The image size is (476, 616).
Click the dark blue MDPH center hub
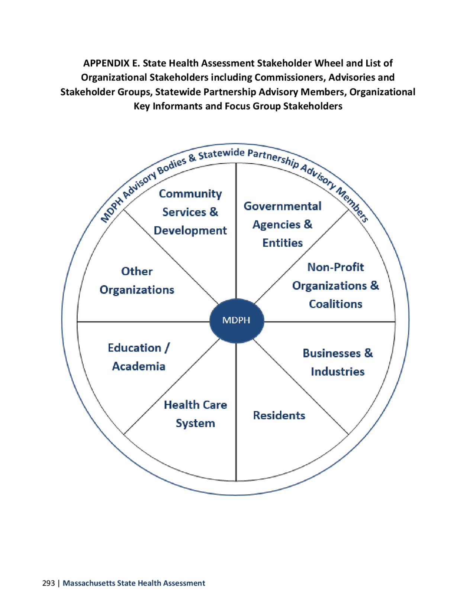pyautogui.click(x=237, y=321)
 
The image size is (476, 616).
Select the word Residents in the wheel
pyautogui.click(x=279, y=416)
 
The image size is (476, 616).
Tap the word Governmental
pyautogui.click(x=282, y=206)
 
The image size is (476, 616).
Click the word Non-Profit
pyautogui.click(x=335, y=267)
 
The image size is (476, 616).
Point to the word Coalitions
pyautogui.click(x=335, y=304)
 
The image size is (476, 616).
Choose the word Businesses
pyautogui.click(x=331, y=353)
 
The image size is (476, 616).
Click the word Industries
pyautogui.click(x=337, y=372)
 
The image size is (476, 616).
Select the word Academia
pyautogui.click(x=139, y=366)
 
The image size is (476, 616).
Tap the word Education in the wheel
pyautogui.click(x=134, y=348)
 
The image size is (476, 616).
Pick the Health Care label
pyautogui.click(x=195, y=405)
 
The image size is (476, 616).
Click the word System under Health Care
pyautogui.click(x=195, y=423)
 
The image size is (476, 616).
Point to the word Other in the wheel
pyautogui.click(x=137, y=271)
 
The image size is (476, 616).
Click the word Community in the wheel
pyautogui.click(x=190, y=194)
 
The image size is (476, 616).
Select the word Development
pyautogui.click(x=190, y=231)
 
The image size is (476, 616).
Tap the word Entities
pyautogui.click(x=282, y=243)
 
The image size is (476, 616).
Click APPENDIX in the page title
pyautogui.click(x=106, y=63)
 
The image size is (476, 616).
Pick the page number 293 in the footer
pyautogui.click(x=48, y=583)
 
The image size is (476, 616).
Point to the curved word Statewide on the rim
pyautogui.click(x=221, y=154)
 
